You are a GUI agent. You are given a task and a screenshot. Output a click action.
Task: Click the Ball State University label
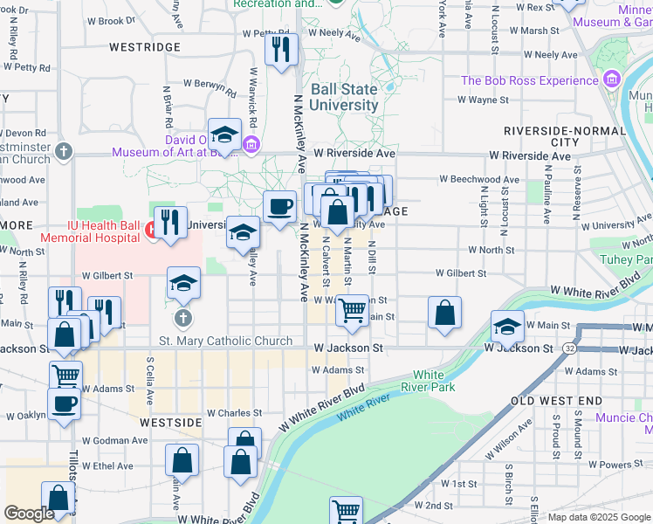344,97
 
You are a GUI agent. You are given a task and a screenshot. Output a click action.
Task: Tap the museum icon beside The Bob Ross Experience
612,81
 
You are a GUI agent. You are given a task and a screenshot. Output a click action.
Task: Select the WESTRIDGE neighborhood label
145,47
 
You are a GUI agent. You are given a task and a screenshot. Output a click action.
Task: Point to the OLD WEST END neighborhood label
556,400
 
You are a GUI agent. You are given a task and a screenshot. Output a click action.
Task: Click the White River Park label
428,381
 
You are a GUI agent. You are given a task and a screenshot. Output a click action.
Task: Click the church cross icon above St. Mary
182,317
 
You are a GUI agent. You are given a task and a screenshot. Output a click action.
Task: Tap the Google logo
28,514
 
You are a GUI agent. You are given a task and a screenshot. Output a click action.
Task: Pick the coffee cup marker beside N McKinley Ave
279,207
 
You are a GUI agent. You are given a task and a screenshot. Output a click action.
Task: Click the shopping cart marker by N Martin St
352,310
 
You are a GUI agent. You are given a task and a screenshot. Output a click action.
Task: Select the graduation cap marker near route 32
507,327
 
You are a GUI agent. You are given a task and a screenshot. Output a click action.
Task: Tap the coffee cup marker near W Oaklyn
65,404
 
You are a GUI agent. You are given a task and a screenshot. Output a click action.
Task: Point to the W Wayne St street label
482,100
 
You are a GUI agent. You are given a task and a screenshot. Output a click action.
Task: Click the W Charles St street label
234,413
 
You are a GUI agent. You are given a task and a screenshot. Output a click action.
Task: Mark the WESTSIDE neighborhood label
169,421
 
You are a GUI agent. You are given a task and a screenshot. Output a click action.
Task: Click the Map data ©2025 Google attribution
599,517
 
